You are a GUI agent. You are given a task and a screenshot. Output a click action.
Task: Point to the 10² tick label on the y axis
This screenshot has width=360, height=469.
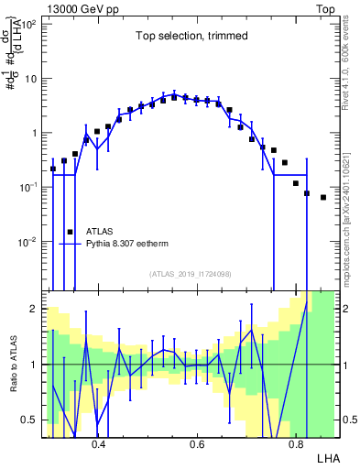coord(27,25)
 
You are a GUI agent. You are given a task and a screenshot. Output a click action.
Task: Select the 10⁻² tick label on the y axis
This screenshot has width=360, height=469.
coord(27,242)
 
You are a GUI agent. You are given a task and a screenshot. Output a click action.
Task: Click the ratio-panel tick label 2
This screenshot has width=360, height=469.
coord(33,309)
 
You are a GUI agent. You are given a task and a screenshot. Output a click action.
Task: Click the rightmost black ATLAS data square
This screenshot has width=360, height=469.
coord(323,197)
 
